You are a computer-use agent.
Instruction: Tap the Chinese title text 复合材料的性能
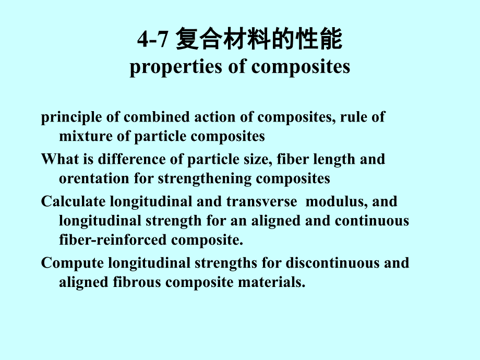point(259,40)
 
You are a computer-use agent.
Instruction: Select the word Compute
point(68,262)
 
